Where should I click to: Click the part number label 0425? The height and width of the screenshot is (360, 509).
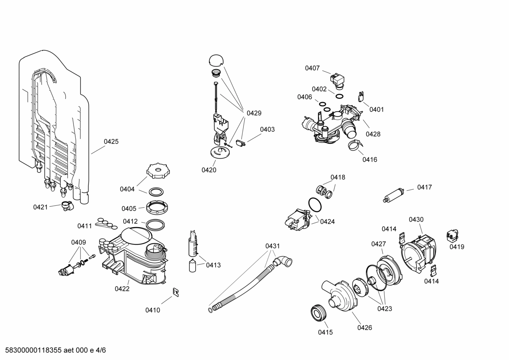tap(111, 142)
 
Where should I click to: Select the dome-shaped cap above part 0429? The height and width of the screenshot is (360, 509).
tap(216, 60)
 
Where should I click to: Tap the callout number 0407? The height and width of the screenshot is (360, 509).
tap(312, 68)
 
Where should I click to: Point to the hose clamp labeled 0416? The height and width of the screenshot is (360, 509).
tap(355, 144)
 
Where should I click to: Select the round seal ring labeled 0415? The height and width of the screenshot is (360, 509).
tap(319, 313)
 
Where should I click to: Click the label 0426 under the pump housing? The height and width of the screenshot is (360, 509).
tap(364, 327)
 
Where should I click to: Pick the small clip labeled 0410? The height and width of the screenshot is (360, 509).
tap(175, 292)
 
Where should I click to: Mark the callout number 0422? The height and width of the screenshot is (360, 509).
tap(122, 289)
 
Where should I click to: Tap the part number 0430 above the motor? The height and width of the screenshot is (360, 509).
tap(416, 219)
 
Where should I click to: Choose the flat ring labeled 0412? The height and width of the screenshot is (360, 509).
tap(155, 224)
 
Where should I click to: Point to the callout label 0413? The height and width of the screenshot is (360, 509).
tap(213, 265)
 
